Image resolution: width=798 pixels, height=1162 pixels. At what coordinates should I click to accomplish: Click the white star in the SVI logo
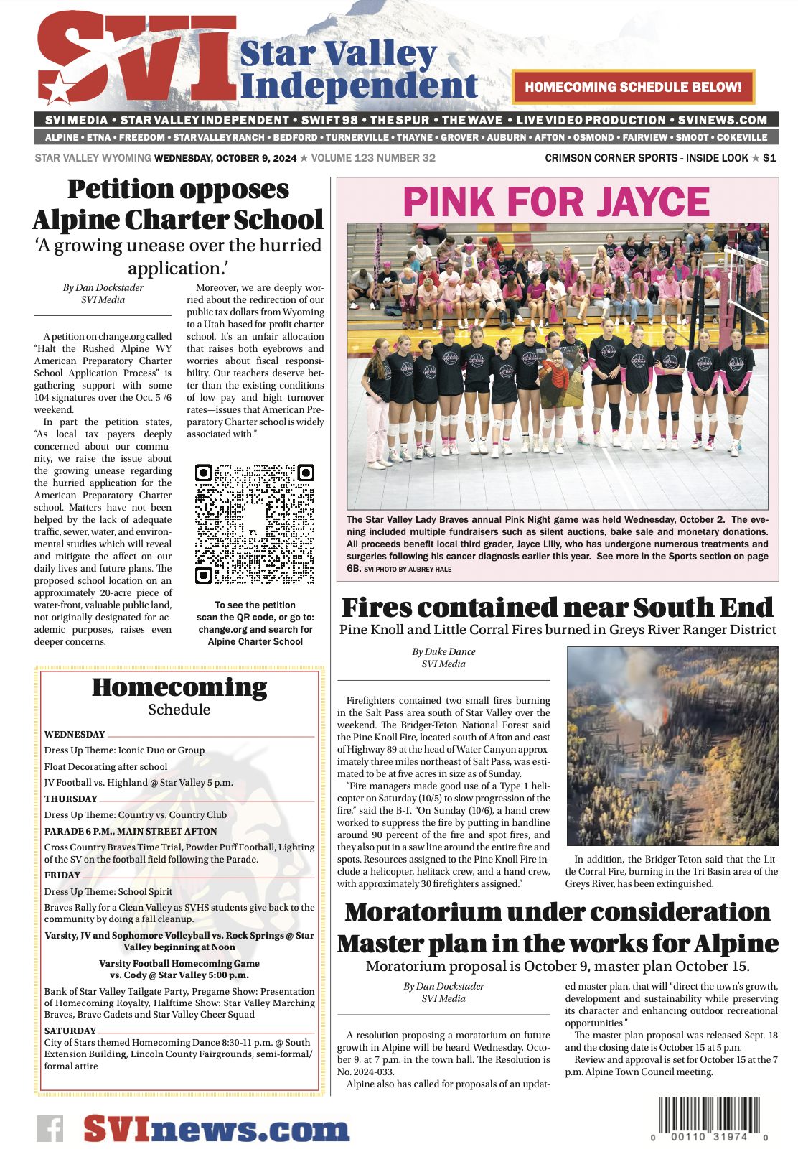tap(57, 89)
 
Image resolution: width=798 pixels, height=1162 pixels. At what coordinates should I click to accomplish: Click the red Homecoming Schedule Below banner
tap(633, 87)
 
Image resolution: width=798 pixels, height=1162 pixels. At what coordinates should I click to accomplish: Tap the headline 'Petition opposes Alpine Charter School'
tap(178, 205)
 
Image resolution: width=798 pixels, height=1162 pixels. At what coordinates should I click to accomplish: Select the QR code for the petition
tap(255, 524)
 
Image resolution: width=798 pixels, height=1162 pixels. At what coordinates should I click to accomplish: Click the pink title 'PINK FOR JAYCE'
tap(556, 202)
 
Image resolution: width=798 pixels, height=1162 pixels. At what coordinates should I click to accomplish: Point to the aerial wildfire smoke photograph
tap(672, 745)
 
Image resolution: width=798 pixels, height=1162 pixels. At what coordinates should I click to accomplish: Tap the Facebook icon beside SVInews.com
tap(50, 1129)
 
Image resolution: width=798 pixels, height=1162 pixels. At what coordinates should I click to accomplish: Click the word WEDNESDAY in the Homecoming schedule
tap(75, 734)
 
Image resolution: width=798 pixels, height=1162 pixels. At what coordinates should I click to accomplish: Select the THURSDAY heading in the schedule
tap(70, 799)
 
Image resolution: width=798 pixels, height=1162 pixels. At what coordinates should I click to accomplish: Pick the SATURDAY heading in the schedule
tap(70, 1031)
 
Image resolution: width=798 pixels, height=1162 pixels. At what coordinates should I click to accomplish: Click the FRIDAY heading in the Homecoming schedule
tap(62, 875)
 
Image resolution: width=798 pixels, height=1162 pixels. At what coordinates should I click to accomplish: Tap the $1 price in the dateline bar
tap(769, 158)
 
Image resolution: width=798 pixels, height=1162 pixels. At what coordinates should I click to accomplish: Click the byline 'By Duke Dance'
tap(443, 651)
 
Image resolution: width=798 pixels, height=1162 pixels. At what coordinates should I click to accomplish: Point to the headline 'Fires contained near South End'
tap(557, 608)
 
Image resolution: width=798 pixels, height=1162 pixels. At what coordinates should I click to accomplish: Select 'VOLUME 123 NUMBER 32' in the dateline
tap(373, 158)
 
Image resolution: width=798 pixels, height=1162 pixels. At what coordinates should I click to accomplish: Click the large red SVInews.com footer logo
tap(216, 1129)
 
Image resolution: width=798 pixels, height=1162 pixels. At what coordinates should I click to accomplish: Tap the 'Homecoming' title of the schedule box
tap(179, 687)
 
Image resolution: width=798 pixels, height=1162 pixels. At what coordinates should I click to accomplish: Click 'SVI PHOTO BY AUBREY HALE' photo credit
tap(408, 570)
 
